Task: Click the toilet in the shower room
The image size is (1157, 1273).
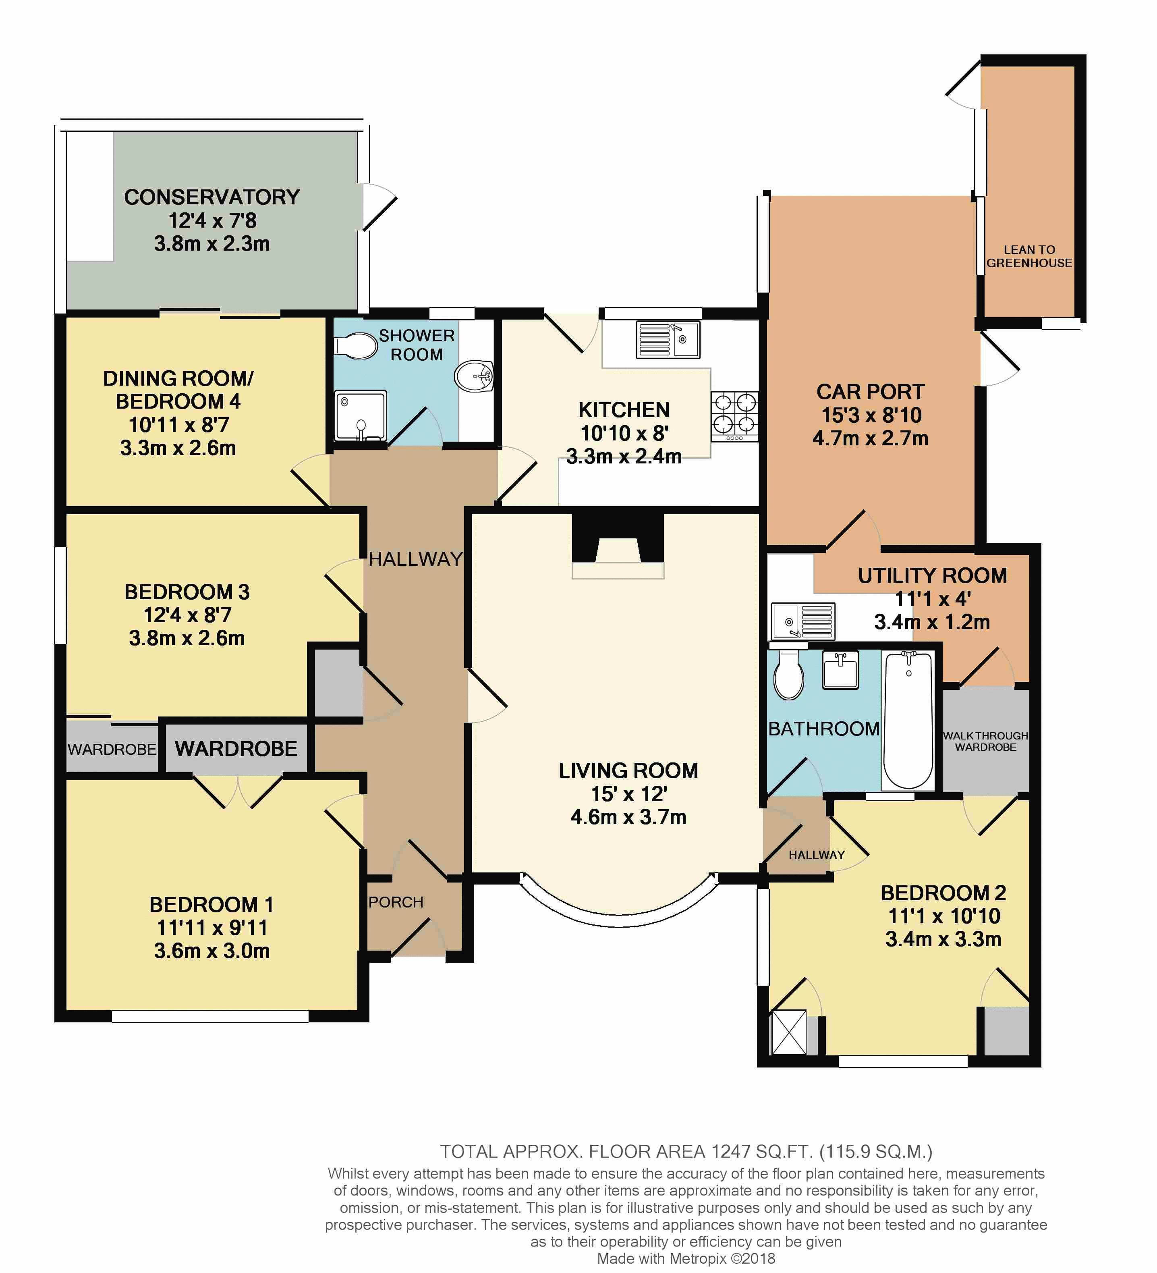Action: [x=357, y=347]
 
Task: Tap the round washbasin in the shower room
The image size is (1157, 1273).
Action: [x=473, y=377]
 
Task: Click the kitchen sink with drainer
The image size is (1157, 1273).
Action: [x=668, y=340]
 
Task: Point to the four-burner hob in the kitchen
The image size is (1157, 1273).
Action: [x=735, y=416]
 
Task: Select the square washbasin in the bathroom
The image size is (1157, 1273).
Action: [x=840, y=671]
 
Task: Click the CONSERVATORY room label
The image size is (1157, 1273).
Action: [x=212, y=197]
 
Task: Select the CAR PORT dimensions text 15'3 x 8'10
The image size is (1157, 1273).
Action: [x=871, y=415]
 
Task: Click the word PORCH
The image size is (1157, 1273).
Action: [x=396, y=902]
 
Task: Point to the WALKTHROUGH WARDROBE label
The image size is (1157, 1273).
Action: [x=985, y=741]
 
